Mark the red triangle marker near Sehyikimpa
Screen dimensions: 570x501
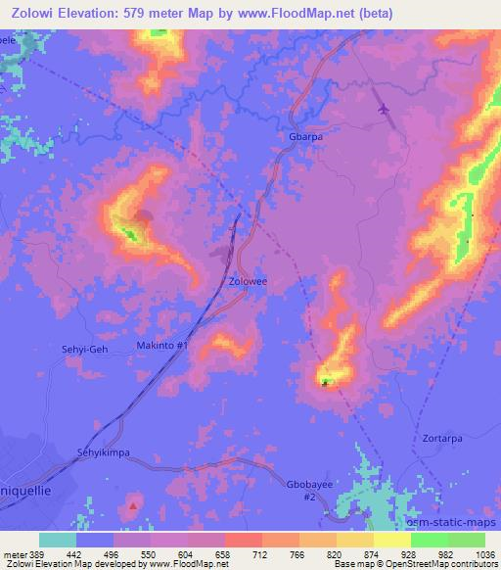coord(133,506)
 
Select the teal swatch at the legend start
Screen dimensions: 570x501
coord(57,539)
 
